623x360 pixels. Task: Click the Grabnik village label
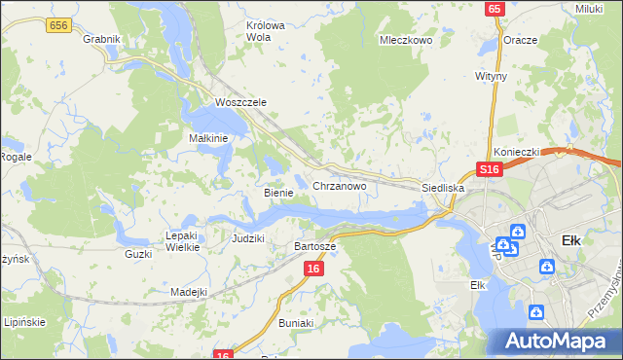pyautogui.click(x=101, y=39)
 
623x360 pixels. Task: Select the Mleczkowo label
pyautogui.click(x=405, y=41)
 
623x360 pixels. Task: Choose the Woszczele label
pyautogui.click(x=240, y=102)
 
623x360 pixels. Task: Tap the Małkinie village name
pyautogui.click(x=208, y=138)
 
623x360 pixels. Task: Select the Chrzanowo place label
pyautogui.click(x=339, y=185)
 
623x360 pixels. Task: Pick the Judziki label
pyautogui.click(x=248, y=237)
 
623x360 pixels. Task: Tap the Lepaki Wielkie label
pyautogui.click(x=182, y=240)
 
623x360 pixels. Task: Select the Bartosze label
pyautogui.click(x=315, y=246)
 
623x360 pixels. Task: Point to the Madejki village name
pyautogui.click(x=189, y=292)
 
